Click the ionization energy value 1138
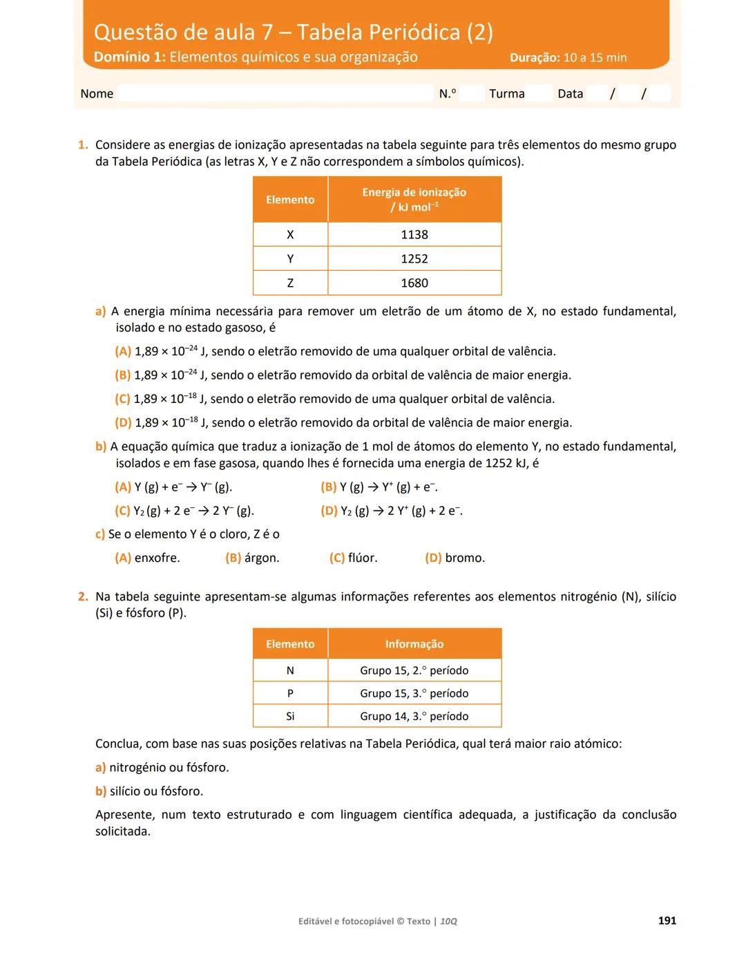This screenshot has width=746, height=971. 414,235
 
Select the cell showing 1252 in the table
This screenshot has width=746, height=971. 414,259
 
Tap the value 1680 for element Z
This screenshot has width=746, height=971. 414,283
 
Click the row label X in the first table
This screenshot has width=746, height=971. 290,235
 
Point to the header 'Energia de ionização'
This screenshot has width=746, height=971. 414,193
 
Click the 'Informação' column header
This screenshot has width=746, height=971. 414,644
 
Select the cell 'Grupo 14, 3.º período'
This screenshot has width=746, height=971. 414,717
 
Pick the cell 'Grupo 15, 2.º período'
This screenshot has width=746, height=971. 414,670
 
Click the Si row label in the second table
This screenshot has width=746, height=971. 290,717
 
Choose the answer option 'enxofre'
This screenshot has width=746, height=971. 157,558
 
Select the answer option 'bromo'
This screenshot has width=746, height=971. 465,558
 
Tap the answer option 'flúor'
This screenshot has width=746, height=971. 363,558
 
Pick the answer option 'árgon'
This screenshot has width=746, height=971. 262,558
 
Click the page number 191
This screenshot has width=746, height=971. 667,921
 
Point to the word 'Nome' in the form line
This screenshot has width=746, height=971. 97,94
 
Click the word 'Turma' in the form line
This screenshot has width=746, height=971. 507,94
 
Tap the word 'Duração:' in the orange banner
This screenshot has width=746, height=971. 535,58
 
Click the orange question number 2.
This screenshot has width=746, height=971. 83,596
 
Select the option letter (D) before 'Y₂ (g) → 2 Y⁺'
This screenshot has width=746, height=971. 329,511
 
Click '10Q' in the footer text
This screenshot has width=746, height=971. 449,921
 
